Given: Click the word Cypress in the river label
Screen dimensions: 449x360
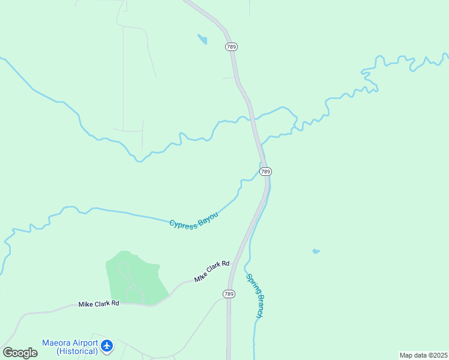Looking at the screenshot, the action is coord(182,224).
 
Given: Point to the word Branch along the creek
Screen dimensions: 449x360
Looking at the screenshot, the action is coord(259,306).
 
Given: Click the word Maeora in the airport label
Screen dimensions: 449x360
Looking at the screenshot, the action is coord(57,343).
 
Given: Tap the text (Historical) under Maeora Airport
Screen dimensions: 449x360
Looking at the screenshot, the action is coord(77,351).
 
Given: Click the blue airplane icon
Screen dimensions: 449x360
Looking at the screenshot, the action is coord(107,346).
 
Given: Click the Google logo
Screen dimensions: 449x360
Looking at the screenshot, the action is coord(20,353).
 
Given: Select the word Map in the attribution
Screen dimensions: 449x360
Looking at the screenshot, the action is coord(406,355).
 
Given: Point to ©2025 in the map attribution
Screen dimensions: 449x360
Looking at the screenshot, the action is coord(436,355).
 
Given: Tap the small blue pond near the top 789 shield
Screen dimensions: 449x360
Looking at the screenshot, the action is coord(202,40).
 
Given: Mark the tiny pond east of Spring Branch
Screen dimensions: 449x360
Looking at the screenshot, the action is coord(316,251).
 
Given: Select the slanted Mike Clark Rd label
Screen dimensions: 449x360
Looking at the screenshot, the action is coord(212,271).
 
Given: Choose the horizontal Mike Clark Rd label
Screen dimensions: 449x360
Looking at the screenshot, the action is coord(99,304).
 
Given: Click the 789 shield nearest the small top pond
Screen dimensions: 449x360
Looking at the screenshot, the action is coord(231,46).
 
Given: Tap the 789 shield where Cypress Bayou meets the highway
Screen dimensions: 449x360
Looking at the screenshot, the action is coord(266,172).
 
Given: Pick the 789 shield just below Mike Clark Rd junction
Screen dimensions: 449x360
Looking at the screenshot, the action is coord(229,294).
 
